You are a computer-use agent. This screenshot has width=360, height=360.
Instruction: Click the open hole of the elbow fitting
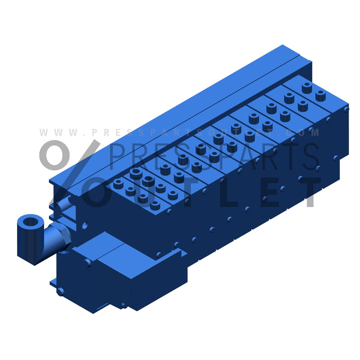(31, 223)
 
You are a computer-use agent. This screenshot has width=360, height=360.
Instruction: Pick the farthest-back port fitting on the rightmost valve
(307, 87)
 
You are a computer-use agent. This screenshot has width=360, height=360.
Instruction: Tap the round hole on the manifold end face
(84, 225)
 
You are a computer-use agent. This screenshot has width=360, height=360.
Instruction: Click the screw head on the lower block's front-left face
(88, 262)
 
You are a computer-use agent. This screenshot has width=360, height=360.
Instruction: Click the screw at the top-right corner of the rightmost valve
(346, 109)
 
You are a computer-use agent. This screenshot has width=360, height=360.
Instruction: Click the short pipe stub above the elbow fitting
(66, 205)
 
